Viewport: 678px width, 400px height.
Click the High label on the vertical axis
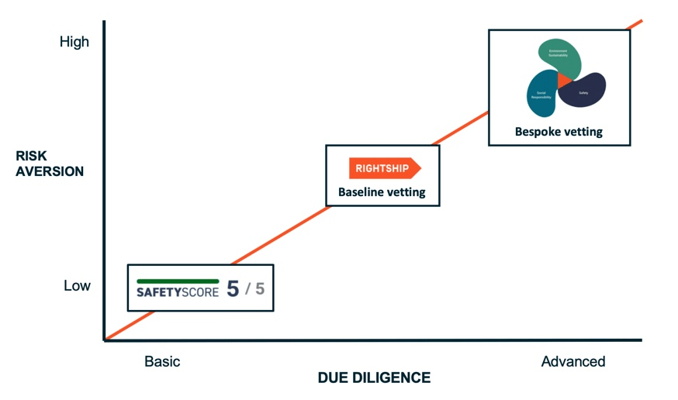pyautogui.click(x=74, y=42)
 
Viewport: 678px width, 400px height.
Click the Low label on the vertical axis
pyautogui.click(x=77, y=286)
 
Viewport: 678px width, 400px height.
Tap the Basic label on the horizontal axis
pyautogui.click(x=162, y=361)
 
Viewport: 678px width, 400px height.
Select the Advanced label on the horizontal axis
pyautogui.click(x=573, y=361)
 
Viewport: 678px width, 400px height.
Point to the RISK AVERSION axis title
pyautogui.click(x=49, y=164)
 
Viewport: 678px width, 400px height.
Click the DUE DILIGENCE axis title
pyautogui.click(x=374, y=378)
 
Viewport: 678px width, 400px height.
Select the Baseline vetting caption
pyautogui.click(x=382, y=192)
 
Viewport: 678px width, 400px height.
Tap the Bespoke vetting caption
pyautogui.click(x=559, y=132)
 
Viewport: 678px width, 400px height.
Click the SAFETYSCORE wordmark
pyautogui.click(x=178, y=292)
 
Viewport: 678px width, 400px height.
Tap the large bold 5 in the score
pyautogui.click(x=233, y=290)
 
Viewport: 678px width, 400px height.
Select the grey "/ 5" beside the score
pyautogui.click(x=255, y=290)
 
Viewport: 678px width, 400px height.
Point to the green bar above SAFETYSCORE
pyautogui.click(x=178, y=281)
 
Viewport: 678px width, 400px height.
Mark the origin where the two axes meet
pyautogui.click(x=104, y=340)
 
